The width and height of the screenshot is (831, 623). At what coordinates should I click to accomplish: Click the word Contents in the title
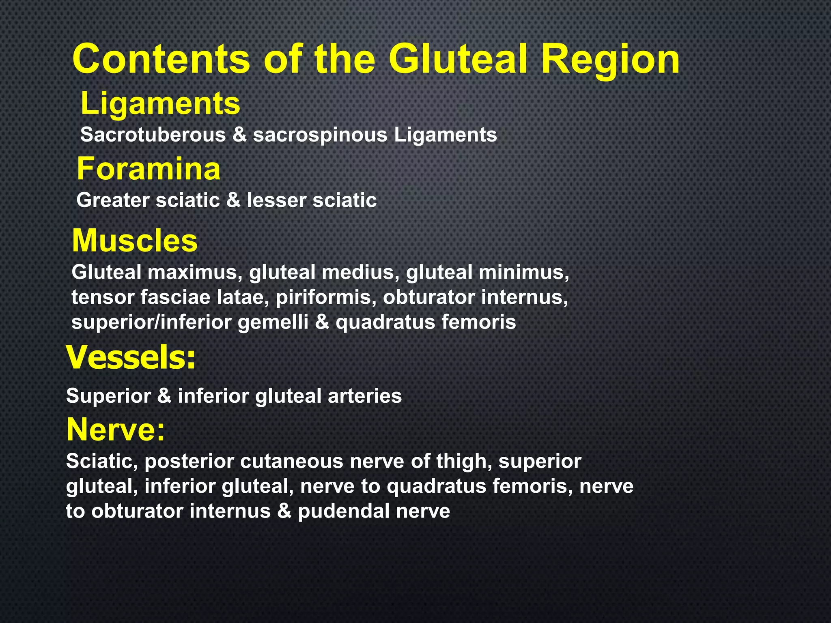point(161,60)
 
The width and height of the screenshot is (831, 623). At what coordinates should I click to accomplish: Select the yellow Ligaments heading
point(161,104)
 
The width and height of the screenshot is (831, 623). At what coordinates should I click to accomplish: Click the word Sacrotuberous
point(153,135)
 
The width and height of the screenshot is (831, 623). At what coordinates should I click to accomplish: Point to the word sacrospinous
point(320,135)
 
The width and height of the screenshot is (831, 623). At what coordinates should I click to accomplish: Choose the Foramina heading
point(149,169)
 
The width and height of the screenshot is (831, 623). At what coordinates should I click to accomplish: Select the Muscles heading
point(135,241)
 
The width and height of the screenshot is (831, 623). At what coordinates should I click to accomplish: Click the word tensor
point(103,297)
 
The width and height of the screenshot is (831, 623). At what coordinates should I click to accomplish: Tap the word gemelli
point(273,322)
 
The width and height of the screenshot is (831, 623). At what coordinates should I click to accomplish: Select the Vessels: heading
point(131,357)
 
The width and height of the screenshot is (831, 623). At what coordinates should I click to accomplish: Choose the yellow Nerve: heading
point(116,430)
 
